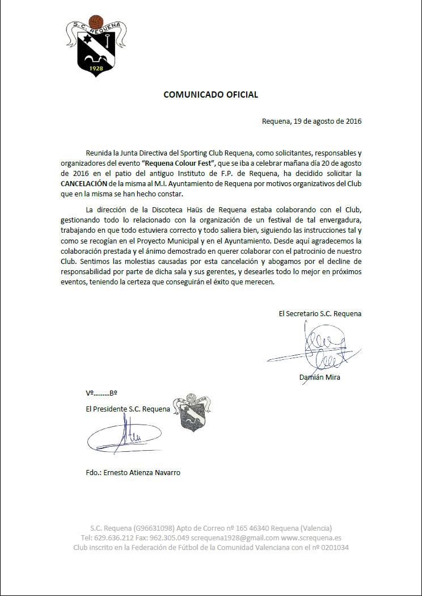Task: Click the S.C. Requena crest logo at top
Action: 96,48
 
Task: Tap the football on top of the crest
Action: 96,21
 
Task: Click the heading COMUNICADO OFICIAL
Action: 210,95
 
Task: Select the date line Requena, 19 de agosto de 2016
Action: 311,121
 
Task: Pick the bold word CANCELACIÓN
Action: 83,184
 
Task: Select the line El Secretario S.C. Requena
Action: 319,313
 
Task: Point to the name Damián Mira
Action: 319,377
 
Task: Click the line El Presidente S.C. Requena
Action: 128,409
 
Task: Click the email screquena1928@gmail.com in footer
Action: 235,538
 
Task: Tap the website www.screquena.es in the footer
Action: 311,538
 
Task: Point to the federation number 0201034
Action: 335,548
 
